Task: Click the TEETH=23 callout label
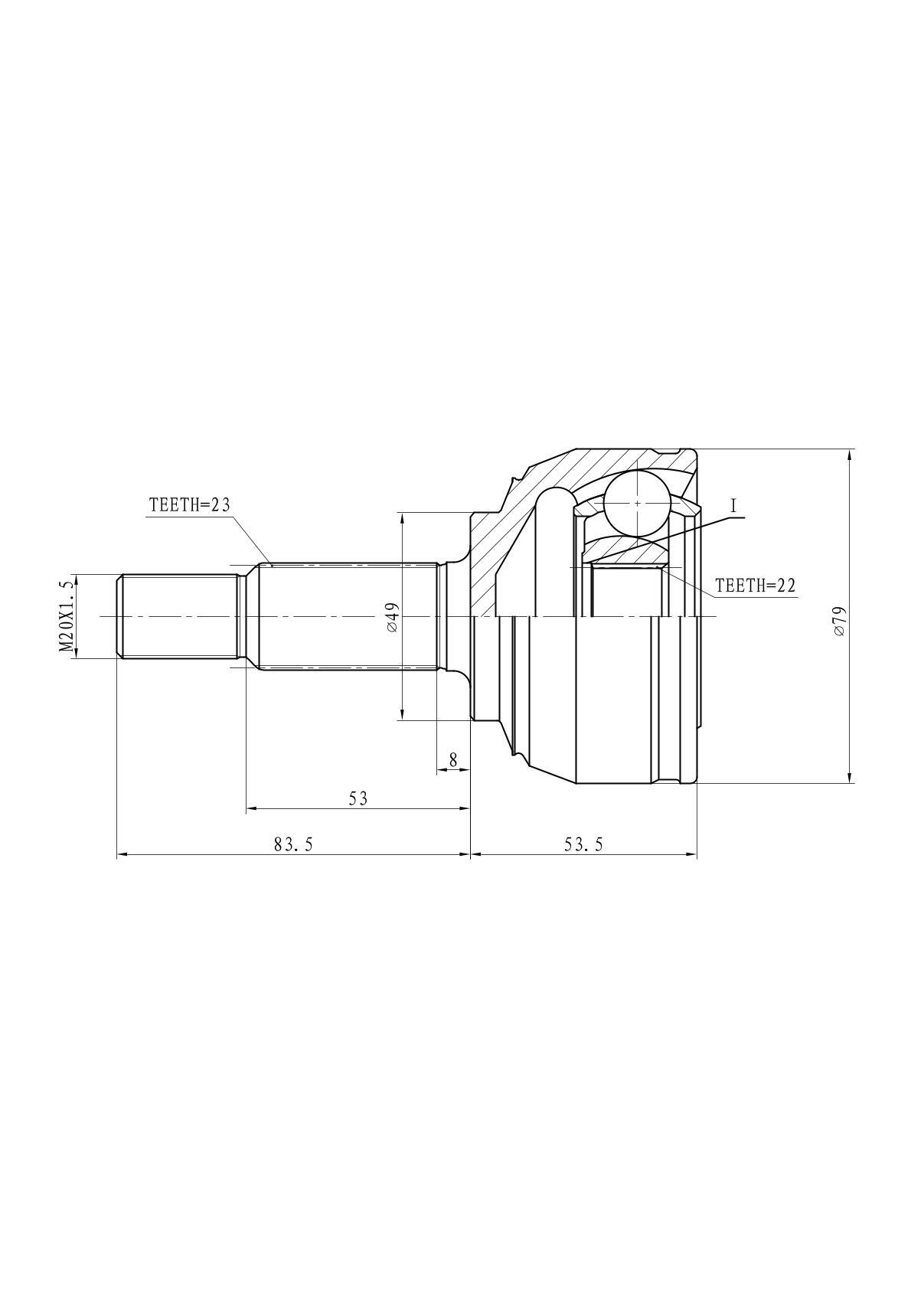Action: pyautogui.click(x=189, y=505)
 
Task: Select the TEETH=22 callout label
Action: pyautogui.click(x=755, y=586)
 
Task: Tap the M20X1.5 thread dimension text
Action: pyautogui.click(x=67, y=616)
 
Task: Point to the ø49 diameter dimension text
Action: pyautogui.click(x=393, y=618)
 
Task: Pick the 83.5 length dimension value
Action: pyautogui.click(x=293, y=844)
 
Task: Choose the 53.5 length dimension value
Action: pyautogui.click(x=583, y=844)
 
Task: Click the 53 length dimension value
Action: pyautogui.click(x=358, y=798)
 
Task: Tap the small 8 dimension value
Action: pyautogui.click(x=453, y=760)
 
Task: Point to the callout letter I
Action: pyautogui.click(x=733, y=506)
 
